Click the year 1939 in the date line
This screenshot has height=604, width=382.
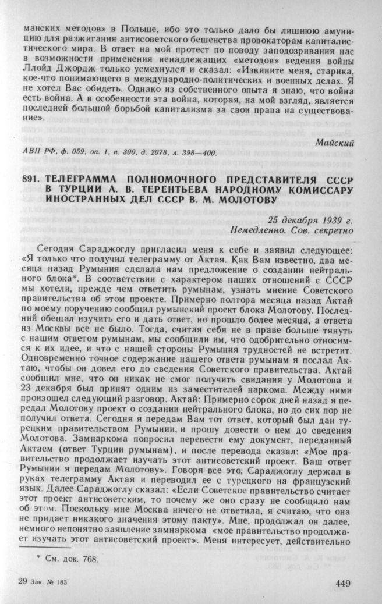click(x=330, y=220)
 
